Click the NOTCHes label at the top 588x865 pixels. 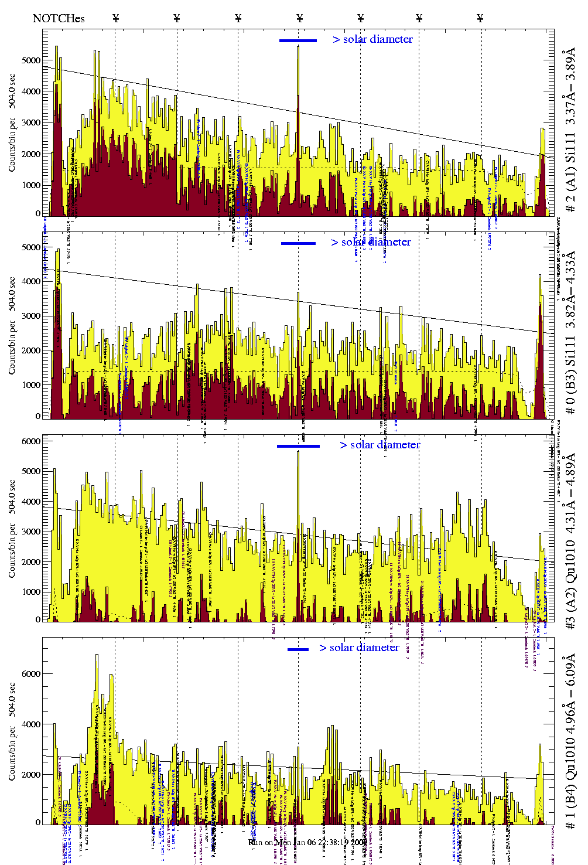pos(59,18)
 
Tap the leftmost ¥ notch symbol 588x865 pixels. pos(116,18)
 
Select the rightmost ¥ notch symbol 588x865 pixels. pos(480,18)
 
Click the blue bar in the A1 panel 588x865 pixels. pos(298,40)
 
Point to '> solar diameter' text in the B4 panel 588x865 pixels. pos(359,648)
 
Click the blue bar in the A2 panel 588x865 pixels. pos(298,446)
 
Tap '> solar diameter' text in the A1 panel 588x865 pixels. pos(373,39)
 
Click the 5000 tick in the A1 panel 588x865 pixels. pos(31,60)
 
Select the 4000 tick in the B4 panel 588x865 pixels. pos(31,724)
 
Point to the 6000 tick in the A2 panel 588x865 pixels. pos(31,441)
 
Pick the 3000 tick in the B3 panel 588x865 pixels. pos(31,316)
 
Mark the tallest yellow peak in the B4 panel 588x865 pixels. pos(97,656)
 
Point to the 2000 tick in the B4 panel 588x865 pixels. pos(31,775)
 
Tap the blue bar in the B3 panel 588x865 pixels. pos(298,243)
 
